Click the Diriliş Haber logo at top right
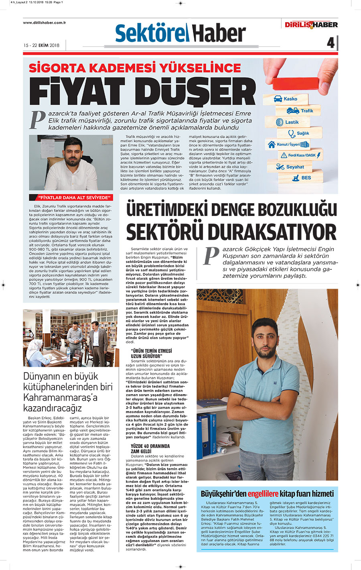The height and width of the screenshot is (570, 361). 311,24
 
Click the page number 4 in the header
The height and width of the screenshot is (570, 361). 330,43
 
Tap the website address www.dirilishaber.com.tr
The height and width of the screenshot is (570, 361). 44,23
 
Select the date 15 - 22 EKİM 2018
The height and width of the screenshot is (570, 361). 41,45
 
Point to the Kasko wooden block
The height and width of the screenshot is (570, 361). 286,99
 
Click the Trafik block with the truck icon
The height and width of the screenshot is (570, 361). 301,111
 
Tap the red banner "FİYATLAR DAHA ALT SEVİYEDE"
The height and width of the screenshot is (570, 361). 71,197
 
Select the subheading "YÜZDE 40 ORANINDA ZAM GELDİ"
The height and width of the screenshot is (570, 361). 150,448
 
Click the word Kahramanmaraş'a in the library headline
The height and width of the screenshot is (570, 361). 60,397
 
